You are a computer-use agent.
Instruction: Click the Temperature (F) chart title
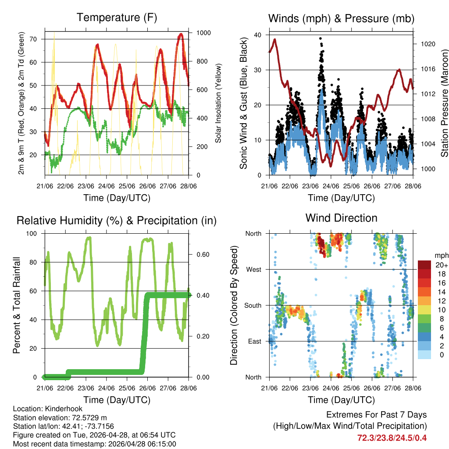point(117,18)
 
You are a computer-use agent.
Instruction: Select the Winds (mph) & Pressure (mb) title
point(341,18)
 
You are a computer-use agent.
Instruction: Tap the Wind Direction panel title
point(341,217)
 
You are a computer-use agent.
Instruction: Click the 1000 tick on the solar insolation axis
point(203,33)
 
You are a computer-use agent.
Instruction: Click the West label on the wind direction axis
point(253,269)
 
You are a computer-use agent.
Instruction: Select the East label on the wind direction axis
point(254,341)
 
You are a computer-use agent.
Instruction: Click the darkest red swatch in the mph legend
point(424,264)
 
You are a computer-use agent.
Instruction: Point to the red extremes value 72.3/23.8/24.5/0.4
point(392,438)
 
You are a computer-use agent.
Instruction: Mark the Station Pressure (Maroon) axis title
point(444,103)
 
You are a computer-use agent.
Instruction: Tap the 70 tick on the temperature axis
point(38,39)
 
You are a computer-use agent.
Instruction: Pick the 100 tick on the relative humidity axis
point(35,233)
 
